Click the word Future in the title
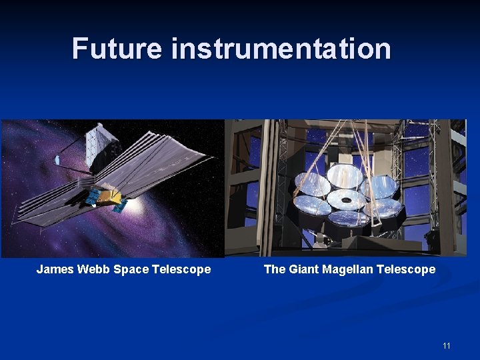click(x=117, y=49)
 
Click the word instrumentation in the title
click(x=281, y=49)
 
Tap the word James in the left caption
click(x=55, y=269)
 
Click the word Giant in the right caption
click(x=305, y=269)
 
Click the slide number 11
click(x=446, y=346)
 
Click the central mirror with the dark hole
click(x=346, y=199)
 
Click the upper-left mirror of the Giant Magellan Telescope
click(x=312, y=184)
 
